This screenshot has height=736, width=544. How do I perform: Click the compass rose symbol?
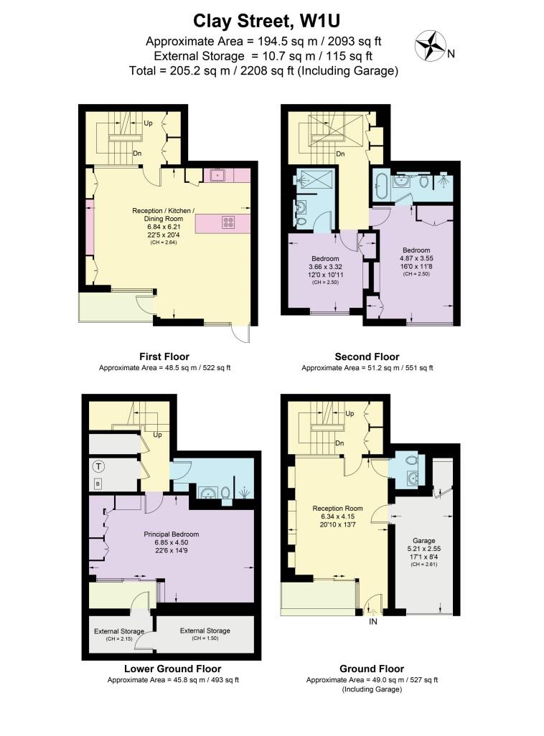[x=429, y=45]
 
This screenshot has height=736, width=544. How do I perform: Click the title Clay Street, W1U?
[x=266, y=21]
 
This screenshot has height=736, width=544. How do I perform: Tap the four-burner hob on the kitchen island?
[x=229, y=222]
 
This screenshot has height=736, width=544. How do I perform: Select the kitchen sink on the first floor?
[x=218, y=175]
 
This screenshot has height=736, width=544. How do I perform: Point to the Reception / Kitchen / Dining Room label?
[x=164, y=214]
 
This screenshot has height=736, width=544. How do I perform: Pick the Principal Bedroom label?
[x=171, y=534]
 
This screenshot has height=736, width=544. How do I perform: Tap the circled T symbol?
[x=98, y=466]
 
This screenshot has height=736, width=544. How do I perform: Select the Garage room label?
[x=423, y=541]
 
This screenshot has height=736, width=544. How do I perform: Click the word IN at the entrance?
[x=373, y=622]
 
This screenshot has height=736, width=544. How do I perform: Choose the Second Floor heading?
[x=367, y=357]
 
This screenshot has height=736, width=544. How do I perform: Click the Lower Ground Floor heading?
[x=172, y=669]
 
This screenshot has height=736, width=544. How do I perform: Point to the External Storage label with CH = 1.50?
[x=205, y=631]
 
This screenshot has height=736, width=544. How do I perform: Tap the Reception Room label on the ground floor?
[x=337, y=509]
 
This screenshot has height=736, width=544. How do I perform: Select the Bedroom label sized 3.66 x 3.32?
[x=325, y=259]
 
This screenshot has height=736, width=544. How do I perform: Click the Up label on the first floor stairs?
[x=148, y=123]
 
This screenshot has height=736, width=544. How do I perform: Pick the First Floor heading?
[x=164, y=357]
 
